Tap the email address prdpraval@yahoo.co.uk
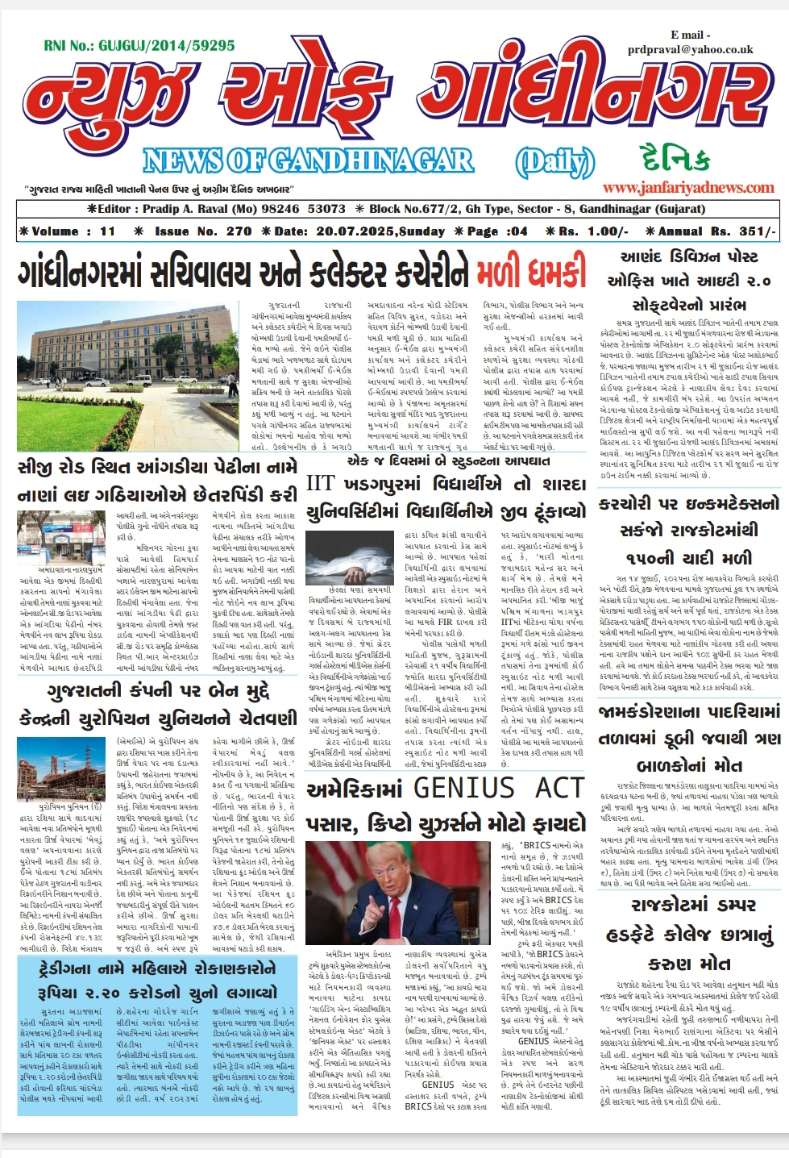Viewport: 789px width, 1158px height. click(x=691, y=49)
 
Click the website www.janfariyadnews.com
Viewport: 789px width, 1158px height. click(x=688, y=187)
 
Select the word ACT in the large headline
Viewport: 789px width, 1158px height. click(x=559, y=788)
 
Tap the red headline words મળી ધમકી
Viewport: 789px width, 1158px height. click(x=531, y=273)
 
